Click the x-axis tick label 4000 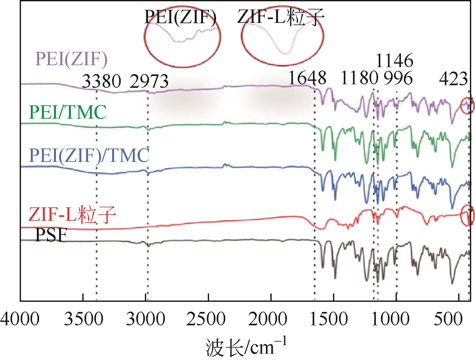pos(20,319)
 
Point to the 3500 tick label pos(83,319)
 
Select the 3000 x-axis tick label pos(146,319)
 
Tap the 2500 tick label pos(208,319)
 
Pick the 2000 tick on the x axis pos(271,319)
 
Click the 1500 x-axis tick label pos(333,319)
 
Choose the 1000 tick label pos(396,319)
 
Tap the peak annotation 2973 pos(149,81)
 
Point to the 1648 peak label pos(307,78)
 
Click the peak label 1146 pos(394,60)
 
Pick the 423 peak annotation pos(453,78)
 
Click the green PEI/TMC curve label pos(67,113)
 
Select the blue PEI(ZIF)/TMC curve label pos(89,156)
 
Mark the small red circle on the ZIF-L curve pos(467,216)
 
